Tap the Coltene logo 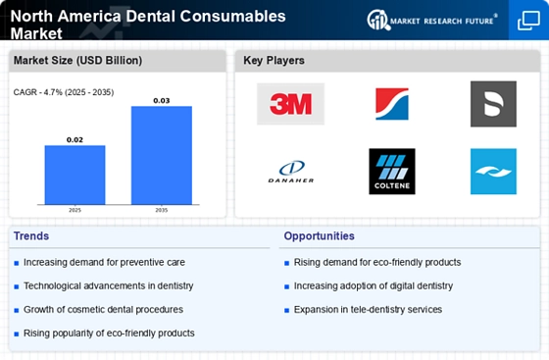point(391,172)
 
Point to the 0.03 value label point(162,100)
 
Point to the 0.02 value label point(75,139)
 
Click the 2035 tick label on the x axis point(162,209)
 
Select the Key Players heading point(274,61)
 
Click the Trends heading point(30,236)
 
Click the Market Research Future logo point(430,20)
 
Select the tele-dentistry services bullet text point(368,309)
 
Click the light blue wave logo point(493,172)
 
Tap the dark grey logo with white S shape point(493,104)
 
